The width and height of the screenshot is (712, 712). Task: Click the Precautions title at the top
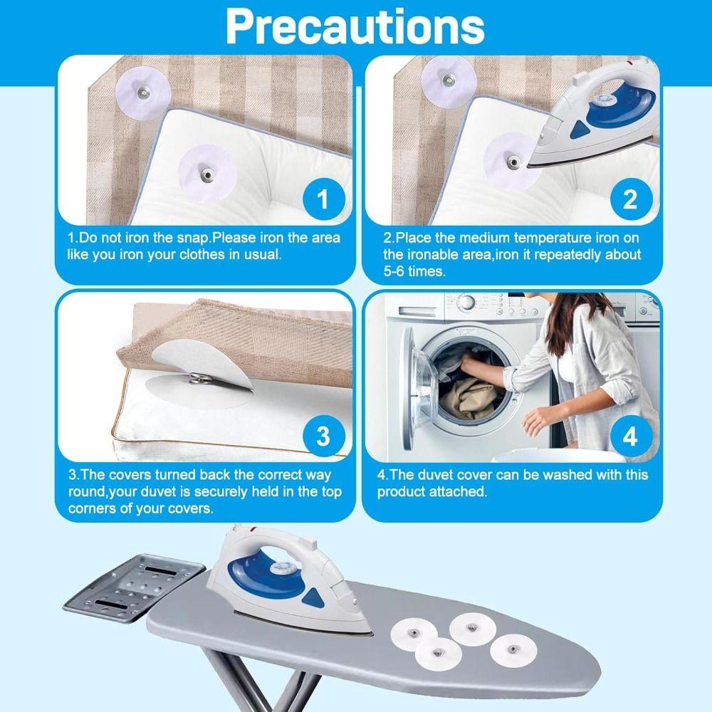click(x=355, y=26)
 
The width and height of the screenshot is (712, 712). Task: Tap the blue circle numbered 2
click(x=629, y=199)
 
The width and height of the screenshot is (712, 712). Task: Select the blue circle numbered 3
click(x=323, y=436)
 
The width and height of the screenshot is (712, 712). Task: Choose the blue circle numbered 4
click(x=629, y=436)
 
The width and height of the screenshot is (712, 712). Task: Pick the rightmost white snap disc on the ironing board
click(x=510, y=649)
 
